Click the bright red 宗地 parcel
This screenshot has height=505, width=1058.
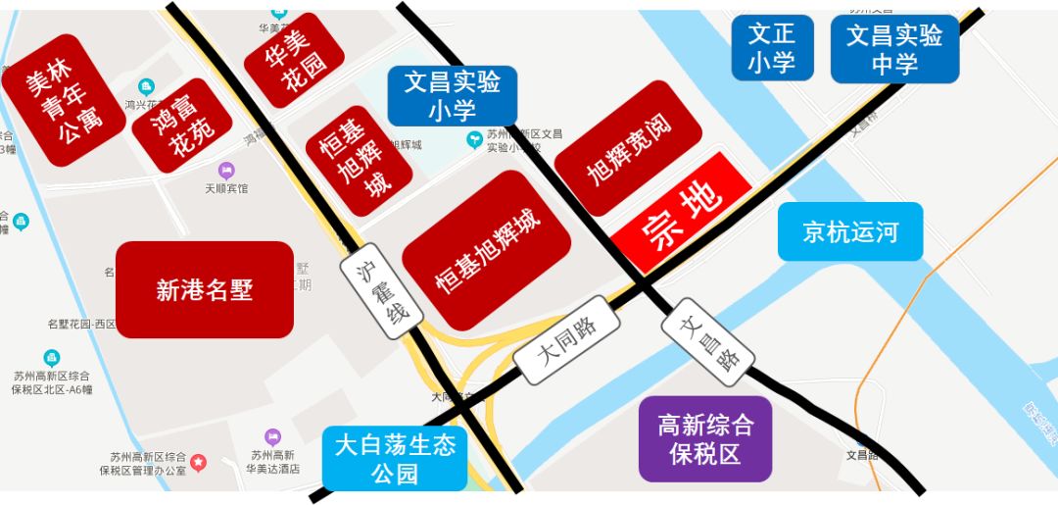[x=682, y=213]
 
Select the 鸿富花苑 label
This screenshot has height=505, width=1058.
[x=180, y=126]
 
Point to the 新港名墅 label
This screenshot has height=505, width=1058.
[x=205, y=289]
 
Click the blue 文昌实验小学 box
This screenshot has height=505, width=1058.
[x=452, y=95]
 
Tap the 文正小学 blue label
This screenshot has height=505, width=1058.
[x=771, y=48]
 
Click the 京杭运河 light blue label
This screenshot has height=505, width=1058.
[x=850, y=232]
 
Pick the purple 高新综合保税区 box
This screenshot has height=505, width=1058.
[x=705, y=438]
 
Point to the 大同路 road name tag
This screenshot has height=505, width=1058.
[x=569, y=341]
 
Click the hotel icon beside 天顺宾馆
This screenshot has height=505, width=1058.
[x=227, y=171]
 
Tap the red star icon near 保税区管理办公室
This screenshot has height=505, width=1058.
[x=198, y=461]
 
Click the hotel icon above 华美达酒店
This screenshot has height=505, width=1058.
[x=272, y=436]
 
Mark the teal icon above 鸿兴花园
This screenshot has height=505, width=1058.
[x=146, y=87]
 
